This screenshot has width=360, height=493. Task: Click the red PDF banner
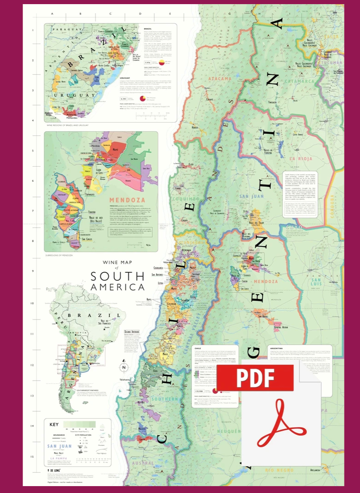255,379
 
